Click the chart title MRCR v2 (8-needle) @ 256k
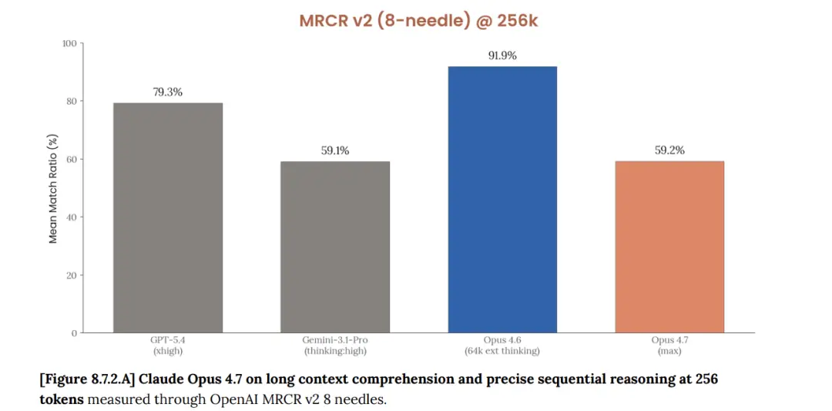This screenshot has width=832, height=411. tap(418, 20)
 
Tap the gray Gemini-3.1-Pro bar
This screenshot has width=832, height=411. tap(335, 247)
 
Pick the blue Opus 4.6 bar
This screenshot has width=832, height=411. tap(502, 200)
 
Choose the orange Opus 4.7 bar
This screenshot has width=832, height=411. tap(669, 247)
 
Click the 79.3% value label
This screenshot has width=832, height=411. tap(168, 92)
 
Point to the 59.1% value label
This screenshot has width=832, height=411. tap(335, 150)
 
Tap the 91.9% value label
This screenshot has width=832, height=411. tap(502, 56)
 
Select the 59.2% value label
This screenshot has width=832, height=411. tap(669, 150)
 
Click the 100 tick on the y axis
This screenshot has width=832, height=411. tap(69, 43)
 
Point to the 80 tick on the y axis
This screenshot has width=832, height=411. tap(71, 101)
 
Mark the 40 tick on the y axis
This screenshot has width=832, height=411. tap(71, 217)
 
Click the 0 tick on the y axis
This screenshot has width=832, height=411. tap(74, 333)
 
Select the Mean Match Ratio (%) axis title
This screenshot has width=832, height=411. tap(53, 188)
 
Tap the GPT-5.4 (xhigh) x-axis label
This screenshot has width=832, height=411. tap(167, 345)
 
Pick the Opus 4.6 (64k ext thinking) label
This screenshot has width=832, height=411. tap(502, 345)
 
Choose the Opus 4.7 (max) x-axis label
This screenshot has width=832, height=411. tap(669, 345)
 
